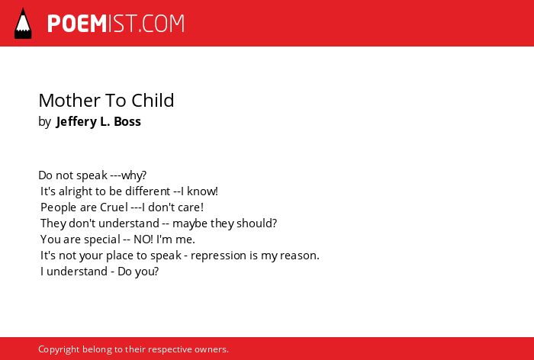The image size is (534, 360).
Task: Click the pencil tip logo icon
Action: coord(23,24)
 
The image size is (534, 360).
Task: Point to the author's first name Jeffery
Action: coord(77,122)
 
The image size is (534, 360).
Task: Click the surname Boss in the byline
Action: coord(127,121)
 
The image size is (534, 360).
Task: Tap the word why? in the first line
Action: coord(133,175)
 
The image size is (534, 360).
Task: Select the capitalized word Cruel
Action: coord(114,207)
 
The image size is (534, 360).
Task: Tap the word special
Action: coord(102,239)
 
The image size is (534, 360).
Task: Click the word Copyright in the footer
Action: coord(59,350)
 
